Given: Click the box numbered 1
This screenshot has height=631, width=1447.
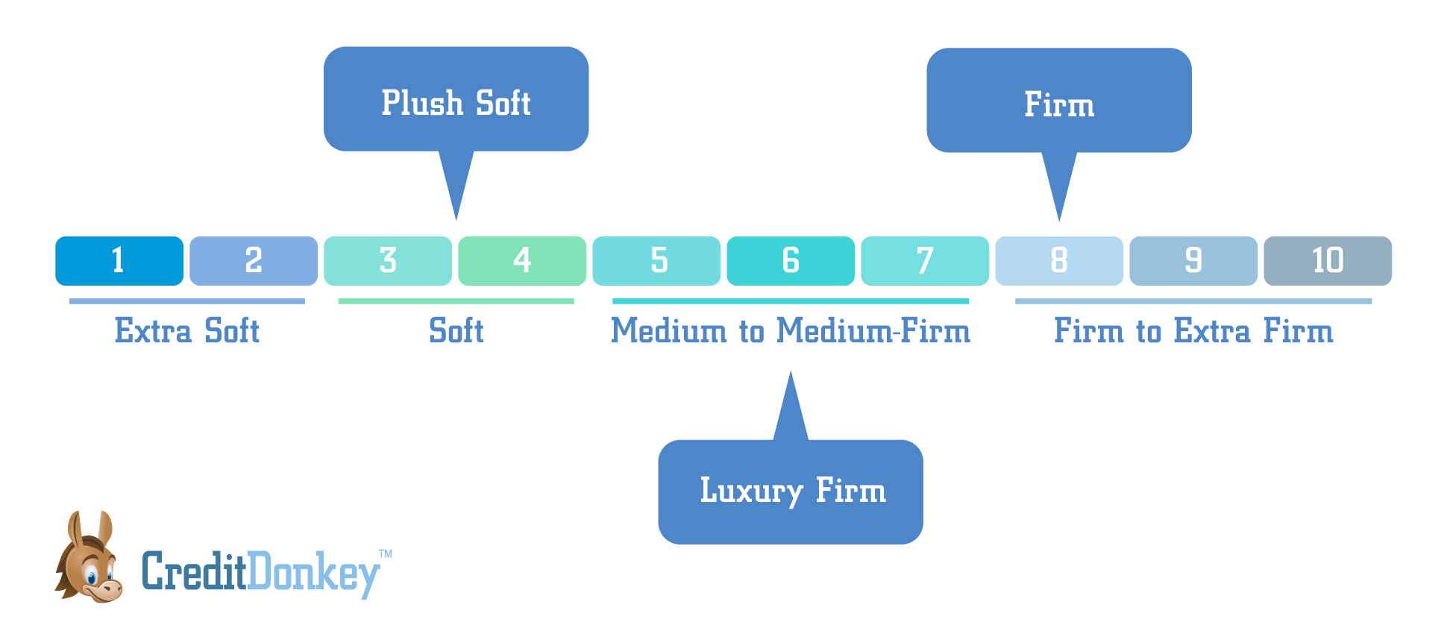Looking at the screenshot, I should click(x=119, y=261).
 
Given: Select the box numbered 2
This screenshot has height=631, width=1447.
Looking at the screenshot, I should click(x=254, y=261).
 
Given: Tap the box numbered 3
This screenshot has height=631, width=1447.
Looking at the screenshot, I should click(x=388, y=261).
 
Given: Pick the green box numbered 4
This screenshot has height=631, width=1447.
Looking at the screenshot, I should click(x=522, y=261).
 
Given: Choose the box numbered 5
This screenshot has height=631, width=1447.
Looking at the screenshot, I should click(x=656, y=261).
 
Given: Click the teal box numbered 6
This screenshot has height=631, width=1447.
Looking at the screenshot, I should click(x=791, y=261).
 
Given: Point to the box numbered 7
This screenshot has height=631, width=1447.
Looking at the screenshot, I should click(x=925, y=261).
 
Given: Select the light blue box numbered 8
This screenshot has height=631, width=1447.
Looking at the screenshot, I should click(x=1059, y=261).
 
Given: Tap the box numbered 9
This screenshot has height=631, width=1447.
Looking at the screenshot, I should click(x=1193, y=261).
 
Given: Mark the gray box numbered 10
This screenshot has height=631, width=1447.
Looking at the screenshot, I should click(x=1328, y=261).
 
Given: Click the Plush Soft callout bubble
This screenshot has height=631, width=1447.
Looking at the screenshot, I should click(x=456, y=101).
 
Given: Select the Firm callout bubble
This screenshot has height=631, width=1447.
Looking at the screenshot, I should click(x=1059, y=102).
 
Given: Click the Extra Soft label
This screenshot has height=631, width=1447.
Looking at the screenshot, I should click(x=186, y=331).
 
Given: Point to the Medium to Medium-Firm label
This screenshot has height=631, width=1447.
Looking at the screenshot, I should click(x=791, y=331).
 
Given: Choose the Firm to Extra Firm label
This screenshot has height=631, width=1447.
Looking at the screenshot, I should click(x=1193, y=331).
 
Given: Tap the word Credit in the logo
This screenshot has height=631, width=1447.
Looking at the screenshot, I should click(x=194, y=573).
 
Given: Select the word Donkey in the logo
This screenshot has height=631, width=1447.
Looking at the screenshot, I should click(x=313, y=573).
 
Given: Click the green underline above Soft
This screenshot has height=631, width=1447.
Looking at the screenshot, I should click(x=456, y=301).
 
